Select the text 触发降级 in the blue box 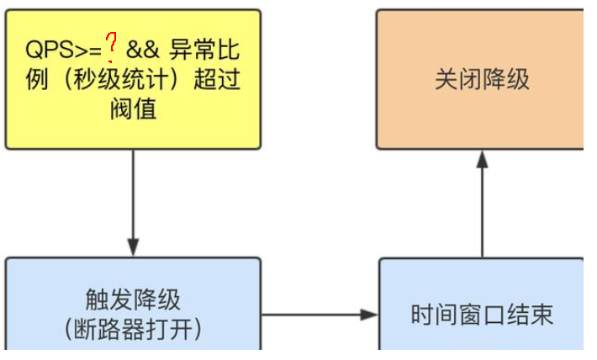133,300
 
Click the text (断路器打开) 133,329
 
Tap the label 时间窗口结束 482,315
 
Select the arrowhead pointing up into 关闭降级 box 482,158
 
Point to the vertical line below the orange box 482,210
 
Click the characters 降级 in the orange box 506,80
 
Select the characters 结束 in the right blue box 530,315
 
